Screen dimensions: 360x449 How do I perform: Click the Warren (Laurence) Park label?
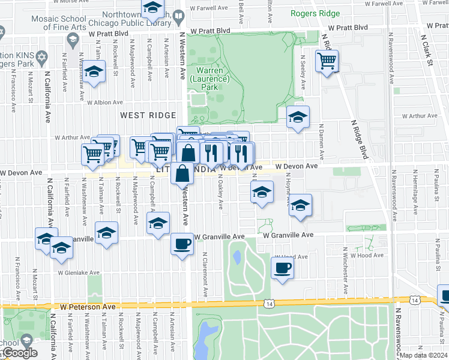[x=209, y=79]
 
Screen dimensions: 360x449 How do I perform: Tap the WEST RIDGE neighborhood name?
[x=148, y=115]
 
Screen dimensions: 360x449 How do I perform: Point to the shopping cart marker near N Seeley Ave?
[x=327, y=61]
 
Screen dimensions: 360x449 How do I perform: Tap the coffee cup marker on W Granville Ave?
[x=182, y=244]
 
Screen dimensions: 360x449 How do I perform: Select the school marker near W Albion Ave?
[x=94, y=73]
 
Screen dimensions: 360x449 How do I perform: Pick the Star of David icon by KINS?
[x=41, y=58]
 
